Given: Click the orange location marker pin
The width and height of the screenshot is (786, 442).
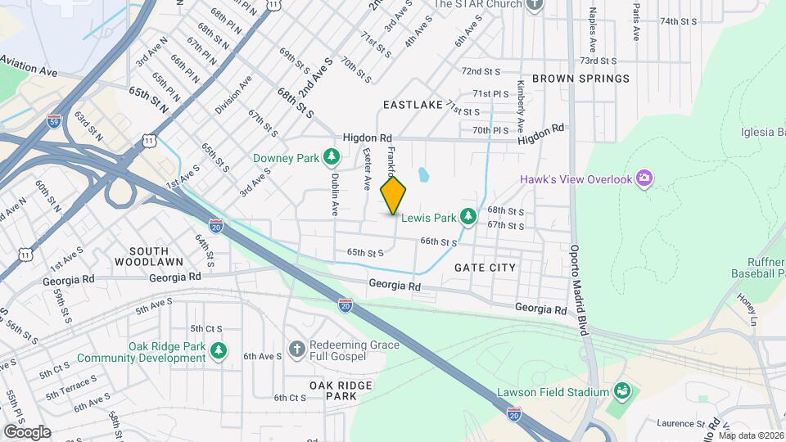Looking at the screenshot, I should pos(394,195).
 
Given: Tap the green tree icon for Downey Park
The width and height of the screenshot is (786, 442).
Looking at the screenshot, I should pos(331,156).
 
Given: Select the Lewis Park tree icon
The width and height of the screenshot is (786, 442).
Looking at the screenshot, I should pos(468,217).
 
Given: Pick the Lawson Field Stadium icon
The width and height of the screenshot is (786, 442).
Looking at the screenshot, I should pos(621,391).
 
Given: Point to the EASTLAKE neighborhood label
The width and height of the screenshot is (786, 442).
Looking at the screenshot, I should pos(413,105).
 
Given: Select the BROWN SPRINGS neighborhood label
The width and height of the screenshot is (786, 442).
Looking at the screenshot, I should pos(580,79).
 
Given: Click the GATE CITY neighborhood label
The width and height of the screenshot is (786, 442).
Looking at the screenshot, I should pos(485,268).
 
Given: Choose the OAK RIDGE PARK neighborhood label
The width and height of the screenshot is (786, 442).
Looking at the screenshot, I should pos(341,390).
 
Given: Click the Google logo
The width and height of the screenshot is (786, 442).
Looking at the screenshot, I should pos(26,431).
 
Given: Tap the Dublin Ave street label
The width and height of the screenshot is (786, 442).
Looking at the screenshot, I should pos(335,194).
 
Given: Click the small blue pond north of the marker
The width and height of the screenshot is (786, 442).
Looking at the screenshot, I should pos(422,174).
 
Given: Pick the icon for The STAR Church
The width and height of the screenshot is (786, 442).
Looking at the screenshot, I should pos(535,5).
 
